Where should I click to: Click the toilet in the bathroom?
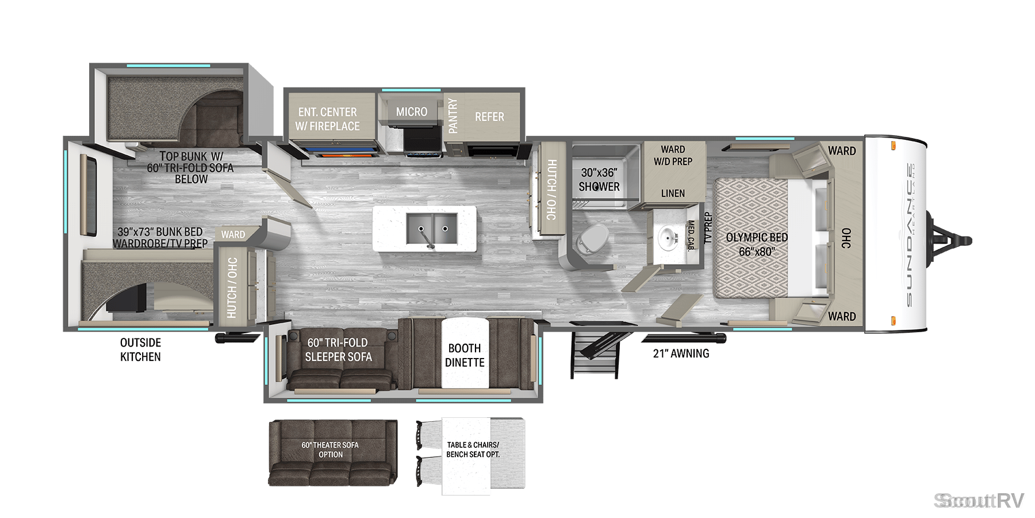pos(592,239)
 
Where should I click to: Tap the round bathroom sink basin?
pos(668,237)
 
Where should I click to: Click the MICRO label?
pos(412,112)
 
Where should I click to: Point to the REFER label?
pos(489,117)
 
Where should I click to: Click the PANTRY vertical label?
pos(453,116)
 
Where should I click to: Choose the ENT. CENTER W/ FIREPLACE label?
pos(327,119)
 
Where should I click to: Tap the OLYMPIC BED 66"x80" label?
pos(757,244)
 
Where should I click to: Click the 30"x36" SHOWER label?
pos(599,180)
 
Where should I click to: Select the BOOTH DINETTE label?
pos(465,355)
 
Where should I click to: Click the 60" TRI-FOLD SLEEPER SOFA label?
pos(338,349)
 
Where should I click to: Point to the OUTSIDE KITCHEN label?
pos(140,349)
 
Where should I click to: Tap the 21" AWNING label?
pos(681,353)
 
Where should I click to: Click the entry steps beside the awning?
pos(595,355)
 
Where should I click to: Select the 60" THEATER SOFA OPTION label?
pos(330,450)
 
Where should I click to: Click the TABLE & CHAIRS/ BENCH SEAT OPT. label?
pos(473,450)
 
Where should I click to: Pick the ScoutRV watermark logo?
pos(979,501)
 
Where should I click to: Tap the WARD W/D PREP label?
pos(673,155)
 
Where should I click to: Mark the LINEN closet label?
pos(673,193)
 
